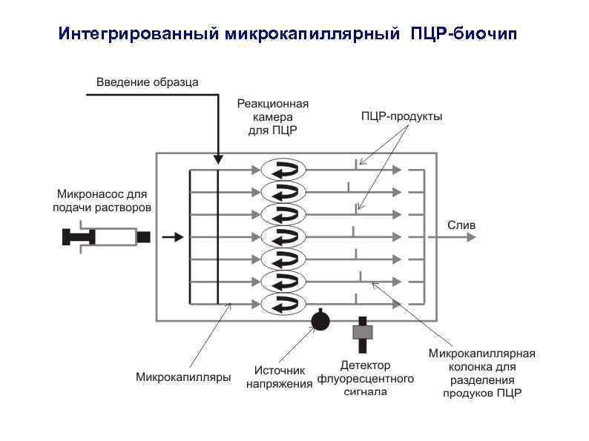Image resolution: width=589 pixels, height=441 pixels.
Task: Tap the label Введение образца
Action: (148, 82)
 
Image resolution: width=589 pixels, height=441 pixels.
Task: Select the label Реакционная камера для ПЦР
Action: (272, 116)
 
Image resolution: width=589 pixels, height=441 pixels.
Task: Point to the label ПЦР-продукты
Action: (401, 116)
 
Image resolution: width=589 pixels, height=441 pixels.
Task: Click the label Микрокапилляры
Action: (182, 377)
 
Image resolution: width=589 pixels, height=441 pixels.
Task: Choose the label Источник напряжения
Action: (280, 377)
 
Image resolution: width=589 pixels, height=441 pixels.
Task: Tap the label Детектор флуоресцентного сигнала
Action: (365, 378)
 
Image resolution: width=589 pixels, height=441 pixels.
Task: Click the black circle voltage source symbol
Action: (320, 321)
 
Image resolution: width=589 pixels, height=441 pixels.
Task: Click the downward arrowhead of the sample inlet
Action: (218, 159)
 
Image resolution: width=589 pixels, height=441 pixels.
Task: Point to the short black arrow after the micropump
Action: (173, 237)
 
